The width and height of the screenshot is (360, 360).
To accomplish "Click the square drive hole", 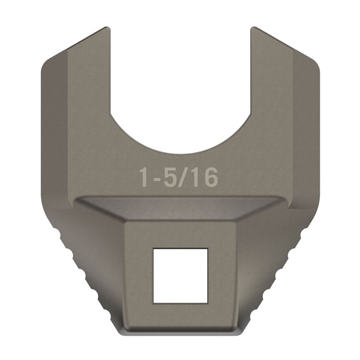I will coord(180,275).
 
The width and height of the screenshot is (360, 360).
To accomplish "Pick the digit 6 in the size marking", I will coord(211,177).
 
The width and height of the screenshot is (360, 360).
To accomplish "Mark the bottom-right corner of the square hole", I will coord(207,302).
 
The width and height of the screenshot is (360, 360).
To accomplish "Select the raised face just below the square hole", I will coord(180,315).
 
